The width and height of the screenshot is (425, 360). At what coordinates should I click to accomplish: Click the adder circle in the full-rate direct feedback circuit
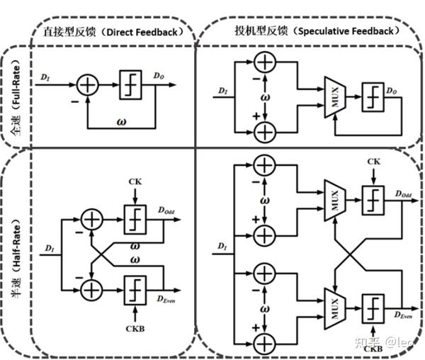click(88, 85)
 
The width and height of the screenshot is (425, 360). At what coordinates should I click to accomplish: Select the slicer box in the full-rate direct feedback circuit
click(130, 85)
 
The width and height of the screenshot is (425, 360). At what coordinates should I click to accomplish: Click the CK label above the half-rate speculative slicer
click(375, 162)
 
